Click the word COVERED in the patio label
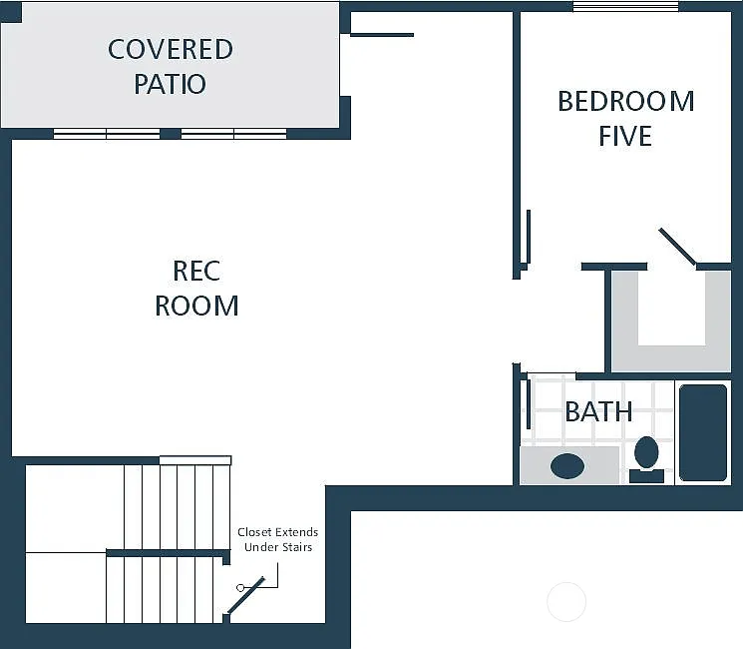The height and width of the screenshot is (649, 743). click(171, 49)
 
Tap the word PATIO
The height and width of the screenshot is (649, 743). click(171, 84)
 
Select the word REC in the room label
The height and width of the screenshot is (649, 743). click(196, 271)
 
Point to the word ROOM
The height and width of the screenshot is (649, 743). click(196, 306)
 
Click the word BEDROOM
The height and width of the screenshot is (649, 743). click(625, 101)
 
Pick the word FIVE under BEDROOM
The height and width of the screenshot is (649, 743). click(625, 136)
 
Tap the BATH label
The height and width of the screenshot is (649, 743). click(598, 411)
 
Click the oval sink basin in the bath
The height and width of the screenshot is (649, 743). click(567, 465)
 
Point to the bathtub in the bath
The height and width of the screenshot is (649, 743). click(703, 432)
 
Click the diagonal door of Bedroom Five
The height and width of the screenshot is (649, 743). click(677, 247)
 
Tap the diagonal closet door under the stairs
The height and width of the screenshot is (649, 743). click(246, 595)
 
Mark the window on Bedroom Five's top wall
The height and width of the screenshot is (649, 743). click(626, 7)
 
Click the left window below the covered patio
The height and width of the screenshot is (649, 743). click(107, 134)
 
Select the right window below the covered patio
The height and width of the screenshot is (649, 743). click(233, 134)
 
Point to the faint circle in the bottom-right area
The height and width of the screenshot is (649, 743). click(566, 601)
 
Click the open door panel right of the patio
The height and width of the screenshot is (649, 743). click(381, 35)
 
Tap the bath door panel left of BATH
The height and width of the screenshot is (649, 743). click(528, 403)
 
